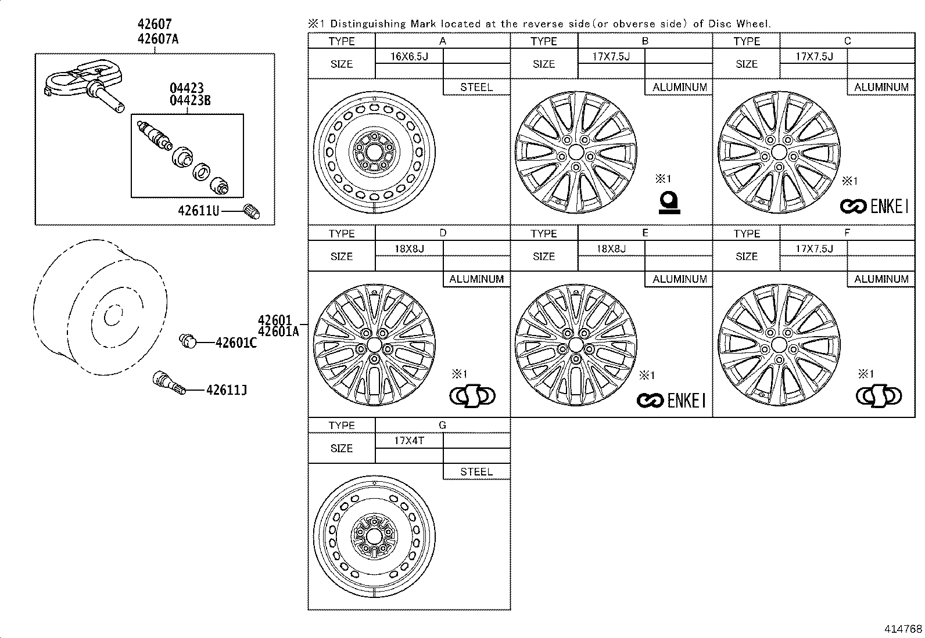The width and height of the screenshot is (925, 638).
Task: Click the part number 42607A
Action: click(158, 39)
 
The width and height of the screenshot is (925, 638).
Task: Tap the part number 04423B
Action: click(190, 100)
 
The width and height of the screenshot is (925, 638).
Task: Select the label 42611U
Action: click(199, 211)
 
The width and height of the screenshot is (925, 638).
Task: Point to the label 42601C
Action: click(236, 343)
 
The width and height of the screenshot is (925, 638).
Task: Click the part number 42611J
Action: click(226, 390)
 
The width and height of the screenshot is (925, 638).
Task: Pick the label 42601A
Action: click(278, 331)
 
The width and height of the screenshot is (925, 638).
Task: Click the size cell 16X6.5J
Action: click(409, 56)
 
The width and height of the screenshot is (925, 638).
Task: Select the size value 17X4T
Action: click(409, 440)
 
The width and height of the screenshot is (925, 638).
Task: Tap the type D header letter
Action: click(443, 233)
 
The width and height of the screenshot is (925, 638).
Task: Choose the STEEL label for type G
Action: click(476, 472)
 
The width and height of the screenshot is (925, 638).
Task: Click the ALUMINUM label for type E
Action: click(680, 279)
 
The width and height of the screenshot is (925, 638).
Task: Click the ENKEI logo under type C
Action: click(874, 206)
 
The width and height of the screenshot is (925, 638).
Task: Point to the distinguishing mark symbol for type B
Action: click(669, 203)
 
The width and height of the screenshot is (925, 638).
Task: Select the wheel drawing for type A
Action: click(374, 152)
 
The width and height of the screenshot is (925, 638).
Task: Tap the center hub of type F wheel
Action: click(779, 345)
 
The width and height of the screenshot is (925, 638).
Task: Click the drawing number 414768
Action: click(903, 629)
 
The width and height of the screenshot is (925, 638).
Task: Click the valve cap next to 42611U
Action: click(252, 211)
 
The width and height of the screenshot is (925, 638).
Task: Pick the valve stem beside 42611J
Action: click(169, 383)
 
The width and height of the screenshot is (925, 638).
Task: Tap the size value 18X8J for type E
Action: click(611, 248)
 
